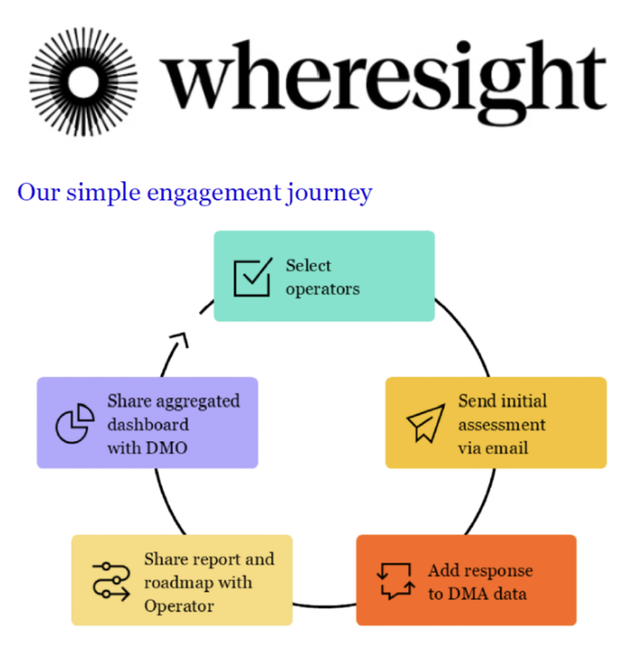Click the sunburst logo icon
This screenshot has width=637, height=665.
coord(82,81)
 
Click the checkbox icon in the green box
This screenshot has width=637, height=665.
coord(252,277)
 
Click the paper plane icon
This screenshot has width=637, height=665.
coord(425,423)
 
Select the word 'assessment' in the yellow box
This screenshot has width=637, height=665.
coord(501,424)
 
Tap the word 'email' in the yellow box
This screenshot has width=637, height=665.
coord(508,448)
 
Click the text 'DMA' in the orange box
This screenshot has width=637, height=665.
coord(466,593)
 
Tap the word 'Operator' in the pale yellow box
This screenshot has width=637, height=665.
coord(179,605)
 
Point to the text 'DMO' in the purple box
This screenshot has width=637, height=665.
coord(166,448)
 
